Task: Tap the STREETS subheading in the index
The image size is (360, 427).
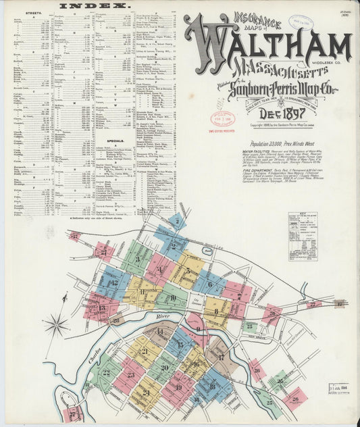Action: click(32, 13)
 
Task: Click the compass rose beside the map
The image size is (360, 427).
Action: click(55, 326)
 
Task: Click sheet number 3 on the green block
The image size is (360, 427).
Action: click(137, 259)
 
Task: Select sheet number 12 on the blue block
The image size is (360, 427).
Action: click(113, 283)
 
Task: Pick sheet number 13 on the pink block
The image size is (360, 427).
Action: click(101, 307)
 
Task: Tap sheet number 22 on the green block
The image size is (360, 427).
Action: click(106, 372)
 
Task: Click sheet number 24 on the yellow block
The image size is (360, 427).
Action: click(146, 392)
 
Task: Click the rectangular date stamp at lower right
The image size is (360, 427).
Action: click(337, 388)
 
